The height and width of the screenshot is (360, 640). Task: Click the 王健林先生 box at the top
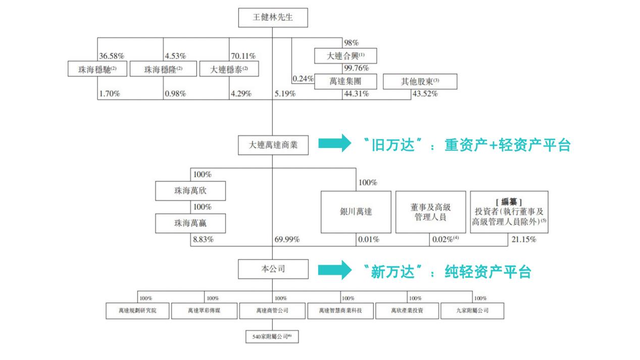coord(272,19)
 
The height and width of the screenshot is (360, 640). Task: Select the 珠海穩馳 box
coord(97,69)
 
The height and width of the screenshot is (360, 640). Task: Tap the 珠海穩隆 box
coord(163,69)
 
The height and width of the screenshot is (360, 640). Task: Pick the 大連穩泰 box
coord(229,69)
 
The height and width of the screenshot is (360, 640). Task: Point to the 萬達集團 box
coord(345,81)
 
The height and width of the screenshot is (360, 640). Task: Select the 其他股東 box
coord(420,81)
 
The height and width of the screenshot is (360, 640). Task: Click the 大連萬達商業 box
coord(272,145)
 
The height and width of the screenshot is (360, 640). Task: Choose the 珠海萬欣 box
coord(190,192)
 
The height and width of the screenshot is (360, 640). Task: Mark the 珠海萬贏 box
coord(190,222)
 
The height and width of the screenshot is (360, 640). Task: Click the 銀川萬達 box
coord(356,212)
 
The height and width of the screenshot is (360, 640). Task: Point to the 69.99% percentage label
coord(287,239)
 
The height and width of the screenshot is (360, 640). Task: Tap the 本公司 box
coord(272,269)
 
